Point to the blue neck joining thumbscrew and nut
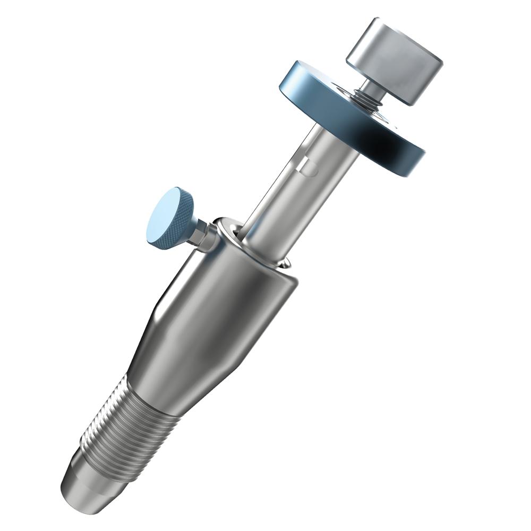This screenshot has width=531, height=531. click(x=194, y=229)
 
